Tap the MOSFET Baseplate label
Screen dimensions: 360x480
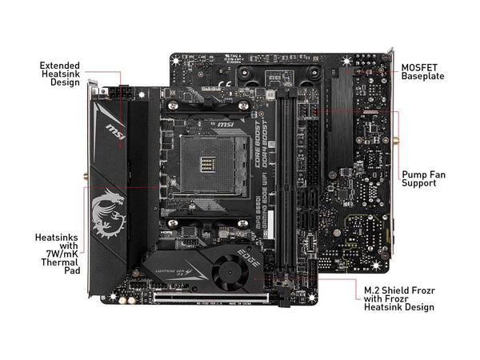[422, 71]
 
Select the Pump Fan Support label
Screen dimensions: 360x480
[423, 178]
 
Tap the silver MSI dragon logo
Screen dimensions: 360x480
[107, 213]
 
